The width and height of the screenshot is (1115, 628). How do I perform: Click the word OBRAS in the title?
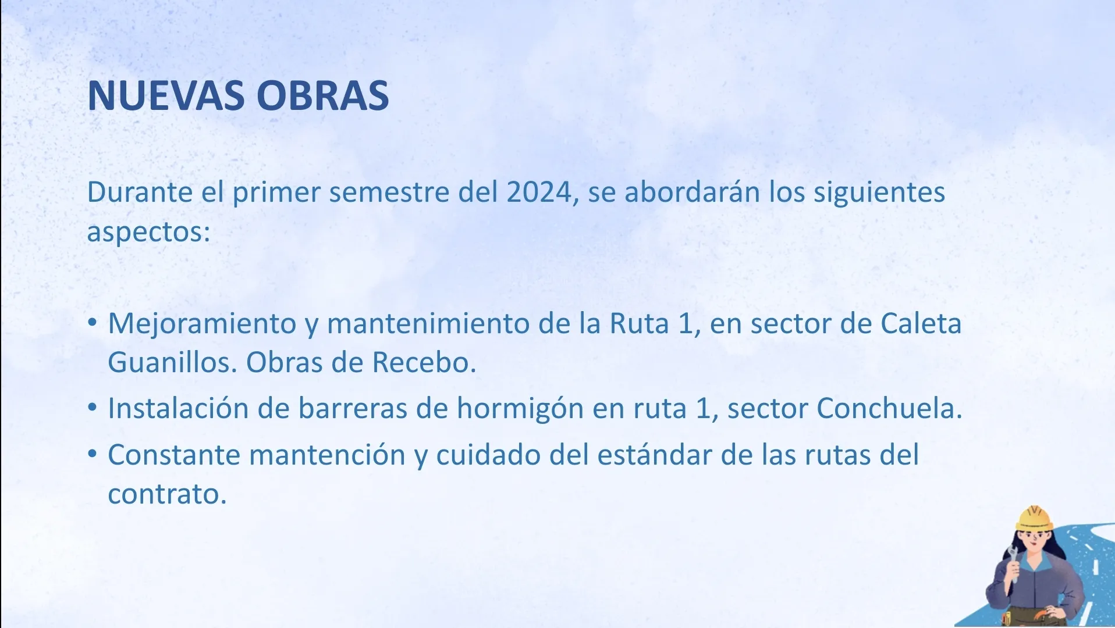click(x=323, y=95)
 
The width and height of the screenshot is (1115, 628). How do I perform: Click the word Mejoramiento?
click(x=203, y=324)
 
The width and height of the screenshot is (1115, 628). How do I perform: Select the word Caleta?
click(x=921, y=323)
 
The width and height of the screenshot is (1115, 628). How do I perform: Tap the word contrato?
click(x=167, y=494)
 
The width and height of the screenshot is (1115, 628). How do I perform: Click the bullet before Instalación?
click(x=93, y=407)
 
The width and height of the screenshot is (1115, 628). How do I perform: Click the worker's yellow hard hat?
click(x=1034, y=518)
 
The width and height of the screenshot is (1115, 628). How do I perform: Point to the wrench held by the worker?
click(x=1013, y=563)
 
